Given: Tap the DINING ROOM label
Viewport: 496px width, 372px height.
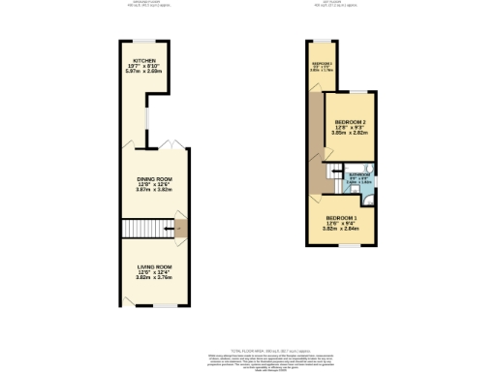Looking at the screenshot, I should [x=153, y=178].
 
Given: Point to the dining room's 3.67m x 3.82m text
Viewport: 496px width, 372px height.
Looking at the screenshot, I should [x=153, y=190].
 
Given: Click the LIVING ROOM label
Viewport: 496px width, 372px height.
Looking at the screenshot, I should [x=153, y=266].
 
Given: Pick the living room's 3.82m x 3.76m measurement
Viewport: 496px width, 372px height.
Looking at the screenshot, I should [x=153, y=278].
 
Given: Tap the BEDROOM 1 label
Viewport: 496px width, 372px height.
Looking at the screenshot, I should [x=342, y=217].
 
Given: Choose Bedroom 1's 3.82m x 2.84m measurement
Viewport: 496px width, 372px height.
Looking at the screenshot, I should [x=342, y=229].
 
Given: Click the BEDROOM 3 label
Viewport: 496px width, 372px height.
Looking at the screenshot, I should [x=321, y=62].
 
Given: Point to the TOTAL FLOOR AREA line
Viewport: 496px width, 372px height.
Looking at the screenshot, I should [x=247, y=345].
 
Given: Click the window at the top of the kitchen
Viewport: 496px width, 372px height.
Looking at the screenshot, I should [x=145, y=40].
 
